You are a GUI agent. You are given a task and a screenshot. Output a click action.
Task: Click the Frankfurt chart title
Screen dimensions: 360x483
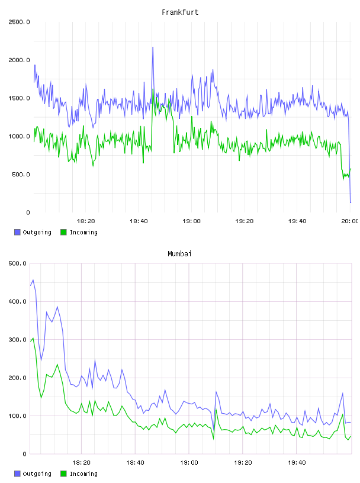180,12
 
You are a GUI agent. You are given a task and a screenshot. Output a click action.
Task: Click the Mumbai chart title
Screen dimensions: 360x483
179,253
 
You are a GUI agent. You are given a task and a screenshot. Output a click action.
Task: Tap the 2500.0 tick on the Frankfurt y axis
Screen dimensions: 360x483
19,22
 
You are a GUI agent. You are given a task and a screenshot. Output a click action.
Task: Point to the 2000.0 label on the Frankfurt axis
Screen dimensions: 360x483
19,60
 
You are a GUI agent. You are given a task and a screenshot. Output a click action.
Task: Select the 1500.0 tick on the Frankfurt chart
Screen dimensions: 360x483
19,98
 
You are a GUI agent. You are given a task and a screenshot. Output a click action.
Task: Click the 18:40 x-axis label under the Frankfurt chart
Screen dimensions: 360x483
139,221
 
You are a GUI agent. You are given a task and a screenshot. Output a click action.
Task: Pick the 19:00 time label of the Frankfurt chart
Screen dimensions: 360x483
191,221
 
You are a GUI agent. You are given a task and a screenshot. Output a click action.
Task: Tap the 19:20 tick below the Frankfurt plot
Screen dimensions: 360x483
245,221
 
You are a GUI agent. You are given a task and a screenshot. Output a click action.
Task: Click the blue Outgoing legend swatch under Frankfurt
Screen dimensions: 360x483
17,232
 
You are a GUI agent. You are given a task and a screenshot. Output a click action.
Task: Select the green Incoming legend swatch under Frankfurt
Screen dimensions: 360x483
63,232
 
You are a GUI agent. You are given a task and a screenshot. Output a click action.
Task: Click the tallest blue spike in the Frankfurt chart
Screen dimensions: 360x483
153,47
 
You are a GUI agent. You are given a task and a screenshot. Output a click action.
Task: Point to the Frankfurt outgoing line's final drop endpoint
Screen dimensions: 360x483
351,202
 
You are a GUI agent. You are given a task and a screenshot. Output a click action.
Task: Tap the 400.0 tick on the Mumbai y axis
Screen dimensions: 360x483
17,301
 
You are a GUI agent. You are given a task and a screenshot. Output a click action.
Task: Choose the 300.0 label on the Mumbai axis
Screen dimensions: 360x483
17,340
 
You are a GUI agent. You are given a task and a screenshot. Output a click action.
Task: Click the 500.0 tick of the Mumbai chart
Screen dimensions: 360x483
17,263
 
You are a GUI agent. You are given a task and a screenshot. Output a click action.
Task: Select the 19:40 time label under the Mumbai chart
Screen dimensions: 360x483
297,462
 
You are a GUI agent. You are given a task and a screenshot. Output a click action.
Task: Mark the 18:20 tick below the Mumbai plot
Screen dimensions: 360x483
81,462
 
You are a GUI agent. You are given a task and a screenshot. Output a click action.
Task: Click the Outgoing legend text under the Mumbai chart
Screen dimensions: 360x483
37,474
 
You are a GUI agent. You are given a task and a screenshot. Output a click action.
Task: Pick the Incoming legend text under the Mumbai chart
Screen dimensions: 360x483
83,474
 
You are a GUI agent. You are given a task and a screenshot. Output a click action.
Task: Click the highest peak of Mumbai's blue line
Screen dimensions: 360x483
33,280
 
